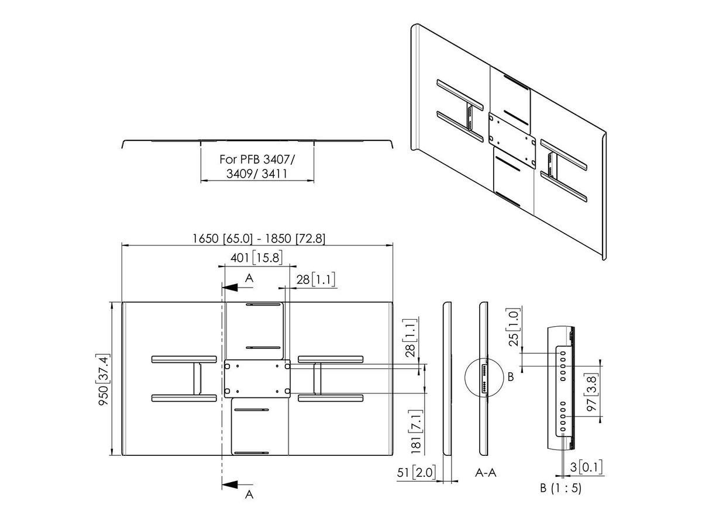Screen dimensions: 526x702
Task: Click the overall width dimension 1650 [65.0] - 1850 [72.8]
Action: click(x=258, y=238)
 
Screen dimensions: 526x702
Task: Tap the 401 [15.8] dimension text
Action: click(x=258, y=258)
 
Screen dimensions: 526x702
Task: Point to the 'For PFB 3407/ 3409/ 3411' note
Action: click(x=257, y=166)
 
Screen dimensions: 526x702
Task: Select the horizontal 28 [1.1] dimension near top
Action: click(x=315, y=279)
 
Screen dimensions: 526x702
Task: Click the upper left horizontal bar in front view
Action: click(x=183, y=358)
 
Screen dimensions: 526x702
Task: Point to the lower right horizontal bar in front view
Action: click(x=331, y=398)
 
